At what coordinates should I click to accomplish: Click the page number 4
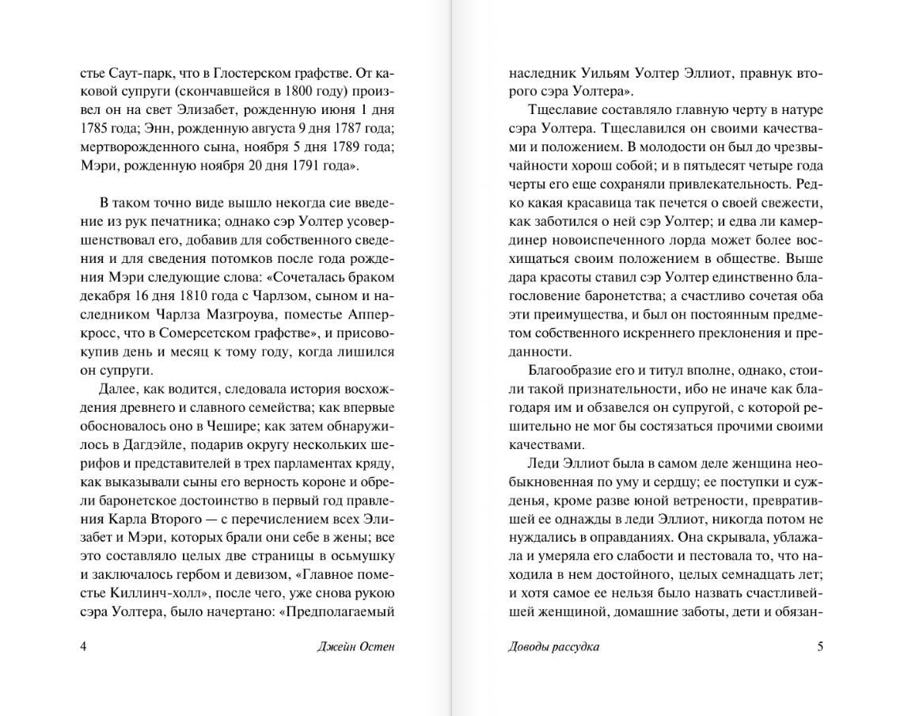pyautogui.click(x=85, y=646)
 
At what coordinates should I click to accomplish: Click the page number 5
pyautogui.click(x=820, y=646)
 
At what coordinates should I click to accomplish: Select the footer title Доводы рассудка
pyautogui.click(x=553, y=646)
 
